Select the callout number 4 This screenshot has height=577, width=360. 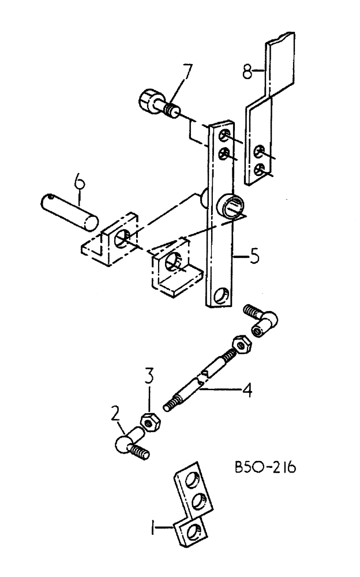pyautogui.click(x=246, y=391)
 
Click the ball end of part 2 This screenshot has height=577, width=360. pyautogui.click(x=123, y=444)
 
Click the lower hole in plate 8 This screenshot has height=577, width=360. pyautogui.click(x=260, y=169)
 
